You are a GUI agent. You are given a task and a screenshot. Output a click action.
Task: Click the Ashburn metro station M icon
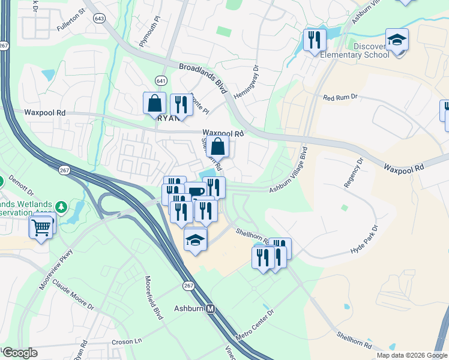click(210, 309)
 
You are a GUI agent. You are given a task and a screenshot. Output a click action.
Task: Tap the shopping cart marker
click(41, 226)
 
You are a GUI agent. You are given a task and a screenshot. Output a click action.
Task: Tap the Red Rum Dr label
click(340, 97)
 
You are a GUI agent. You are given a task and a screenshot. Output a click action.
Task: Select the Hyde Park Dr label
click(365, 240)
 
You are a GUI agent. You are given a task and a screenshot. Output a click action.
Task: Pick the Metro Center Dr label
click(255, 324)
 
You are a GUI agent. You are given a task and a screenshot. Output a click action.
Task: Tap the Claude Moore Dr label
click(73, 293)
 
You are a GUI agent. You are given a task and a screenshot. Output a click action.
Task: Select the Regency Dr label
click(354, 173)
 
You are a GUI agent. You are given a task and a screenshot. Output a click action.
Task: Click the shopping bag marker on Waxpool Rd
click(218, 146)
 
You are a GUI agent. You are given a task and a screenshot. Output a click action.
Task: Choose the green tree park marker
click(60, 207)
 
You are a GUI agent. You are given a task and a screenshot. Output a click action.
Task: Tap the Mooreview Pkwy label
click(55, 271)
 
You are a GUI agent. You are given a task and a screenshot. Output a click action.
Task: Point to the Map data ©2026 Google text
click(411, 355)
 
